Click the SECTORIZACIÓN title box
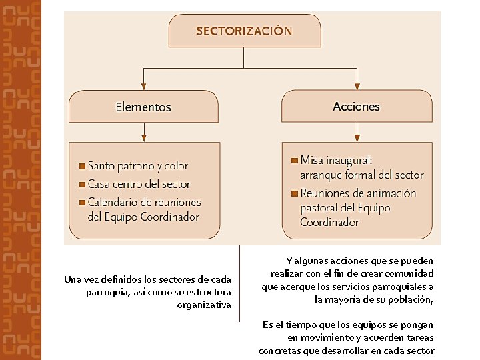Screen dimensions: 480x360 (243, 31)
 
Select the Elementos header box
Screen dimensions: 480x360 (143, 107)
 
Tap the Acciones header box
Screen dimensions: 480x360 (357, 107)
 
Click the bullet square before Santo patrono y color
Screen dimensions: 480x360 (82, 166)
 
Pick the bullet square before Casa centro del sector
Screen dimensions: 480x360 (82, 184)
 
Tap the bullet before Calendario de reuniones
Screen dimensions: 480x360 (82, 202)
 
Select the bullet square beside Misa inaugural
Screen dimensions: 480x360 (295, 161)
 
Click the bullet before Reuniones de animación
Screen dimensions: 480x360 (295, 193)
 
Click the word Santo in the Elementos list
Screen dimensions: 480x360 (101, 166)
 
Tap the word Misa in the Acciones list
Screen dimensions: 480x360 (312, 161)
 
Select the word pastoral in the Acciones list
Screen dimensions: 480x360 (319, 208)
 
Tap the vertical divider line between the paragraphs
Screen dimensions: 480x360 (239, 283)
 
